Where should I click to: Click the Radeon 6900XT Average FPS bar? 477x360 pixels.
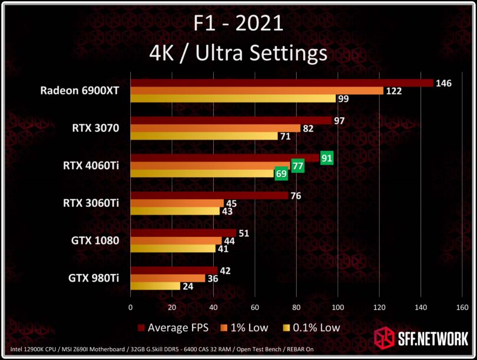[x=281, y=83]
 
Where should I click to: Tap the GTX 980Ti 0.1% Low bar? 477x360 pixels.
[x=155, y=286]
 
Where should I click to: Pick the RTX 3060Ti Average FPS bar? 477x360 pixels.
[x=209, y=196]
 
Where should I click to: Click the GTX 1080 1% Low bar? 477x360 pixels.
[x=176, y=240]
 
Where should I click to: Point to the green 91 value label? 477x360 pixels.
[x=327, y=158]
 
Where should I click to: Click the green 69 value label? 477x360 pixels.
[x=281, y=174]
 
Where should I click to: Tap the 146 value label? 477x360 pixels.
[x=443, y=83]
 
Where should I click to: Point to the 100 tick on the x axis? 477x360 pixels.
[x=338, y=307]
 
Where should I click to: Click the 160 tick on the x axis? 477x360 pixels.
[x=462, y=307]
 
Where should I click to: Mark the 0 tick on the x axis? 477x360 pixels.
[x=130, y=307]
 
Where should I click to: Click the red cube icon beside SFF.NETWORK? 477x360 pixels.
[x=384, y=338]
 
